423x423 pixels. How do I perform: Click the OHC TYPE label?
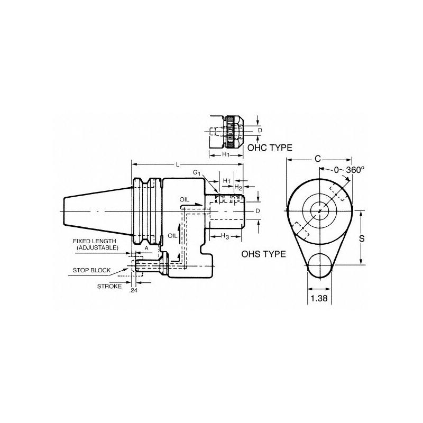tap(270, 148)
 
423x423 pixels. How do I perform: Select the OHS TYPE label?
tap(263, 254)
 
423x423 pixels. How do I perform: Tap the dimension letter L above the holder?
tap(178, 164)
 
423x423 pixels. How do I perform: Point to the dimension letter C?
tap(318, 159)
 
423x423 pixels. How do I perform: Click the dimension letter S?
tap(362, 238)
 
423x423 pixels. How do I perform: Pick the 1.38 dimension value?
tap(319, 298)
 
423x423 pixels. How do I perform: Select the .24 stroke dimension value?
tap(134, 290)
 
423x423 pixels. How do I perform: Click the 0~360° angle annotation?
tap(349, 170)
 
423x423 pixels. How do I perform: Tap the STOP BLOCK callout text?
tap(91, 270)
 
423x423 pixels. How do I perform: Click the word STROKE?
tap(109, 286)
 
